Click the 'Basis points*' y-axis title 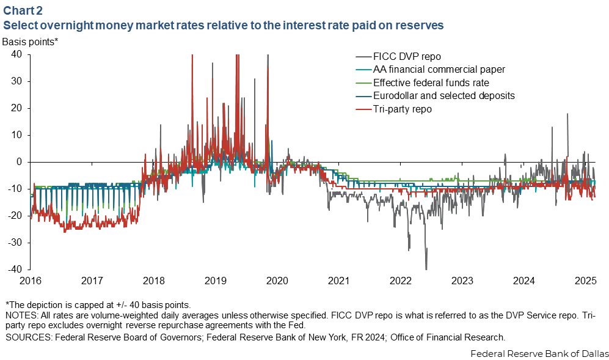pyautogui.click(x=30, y=42)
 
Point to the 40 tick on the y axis pyautogui.click(x=16, y=54)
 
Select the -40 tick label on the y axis pyautogui.click(x=15, y=270)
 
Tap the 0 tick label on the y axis pyautogui.click(x=20, y=162)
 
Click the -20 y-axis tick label pyautogui.click(x=15, y=216)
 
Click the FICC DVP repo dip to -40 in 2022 pyautogui.click(x=426, y=268)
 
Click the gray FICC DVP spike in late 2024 pyautogui.click(x=567, y=115)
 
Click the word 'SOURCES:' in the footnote pyautogui.click(x=24, y=337)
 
